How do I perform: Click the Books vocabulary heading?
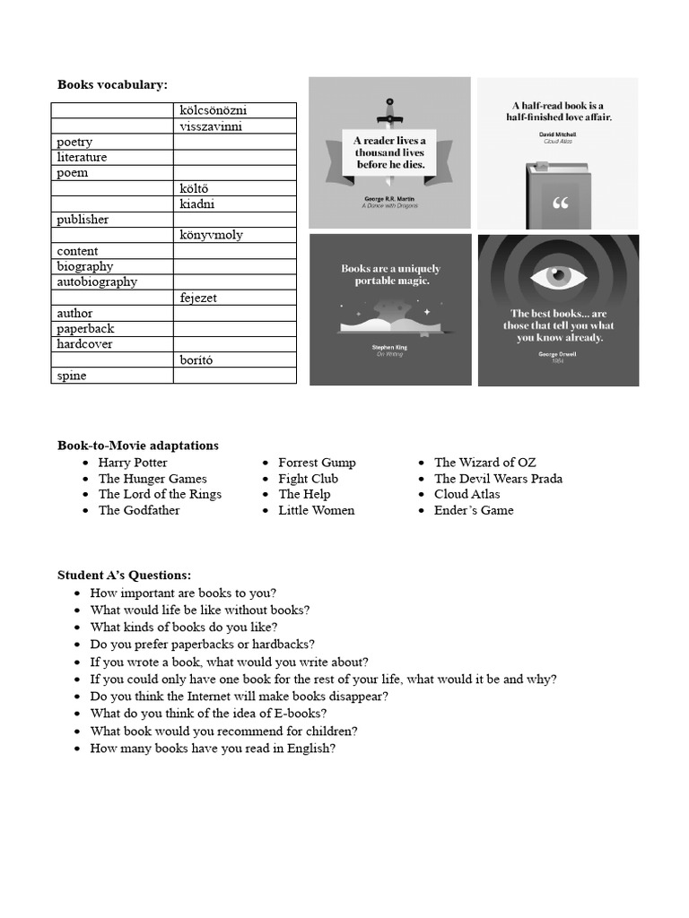click(112, 84)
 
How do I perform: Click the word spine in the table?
click(72, 376)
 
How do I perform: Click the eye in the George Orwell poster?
click(557, 276)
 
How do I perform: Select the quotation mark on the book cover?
click(561, 203)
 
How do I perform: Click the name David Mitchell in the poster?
click(557, 133)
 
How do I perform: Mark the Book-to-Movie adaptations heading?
click(137, 446)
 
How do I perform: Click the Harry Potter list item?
click(133, 463)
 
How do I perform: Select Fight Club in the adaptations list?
click(308, 479)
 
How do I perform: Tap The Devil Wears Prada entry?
click(498, 479)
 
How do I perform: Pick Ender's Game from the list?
click(474, 510)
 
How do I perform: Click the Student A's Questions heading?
click(124, 576)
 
